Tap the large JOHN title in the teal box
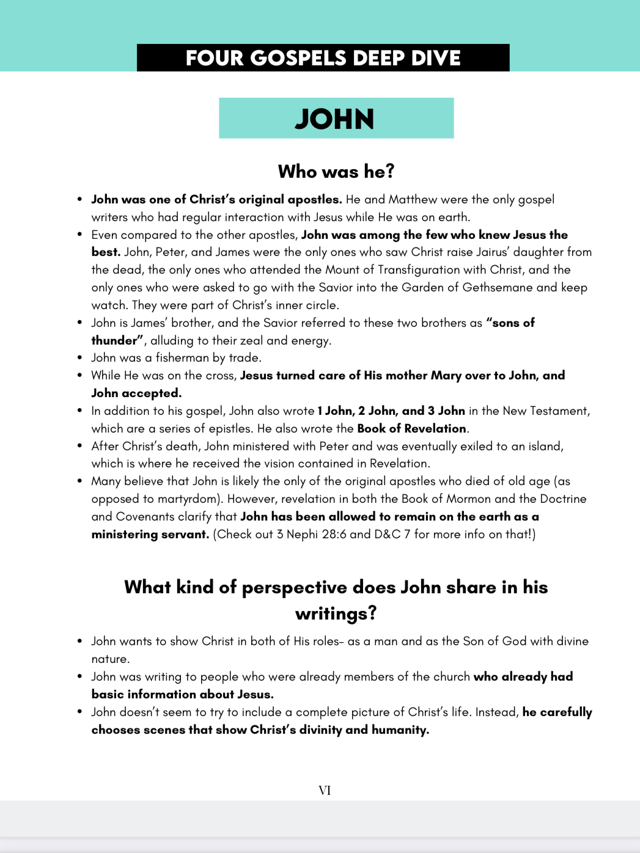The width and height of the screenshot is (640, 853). (x=335, y=119)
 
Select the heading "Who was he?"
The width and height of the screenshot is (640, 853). (x=336, y=172)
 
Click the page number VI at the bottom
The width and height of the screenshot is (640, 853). (x=325, y=791)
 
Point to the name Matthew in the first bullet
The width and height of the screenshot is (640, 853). (x=413, y=200)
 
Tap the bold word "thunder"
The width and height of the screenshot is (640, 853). (x=114, y=340)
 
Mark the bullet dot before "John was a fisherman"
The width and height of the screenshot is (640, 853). (x=80, y=358)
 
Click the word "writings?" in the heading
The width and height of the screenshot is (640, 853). (x=336, y=613)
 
